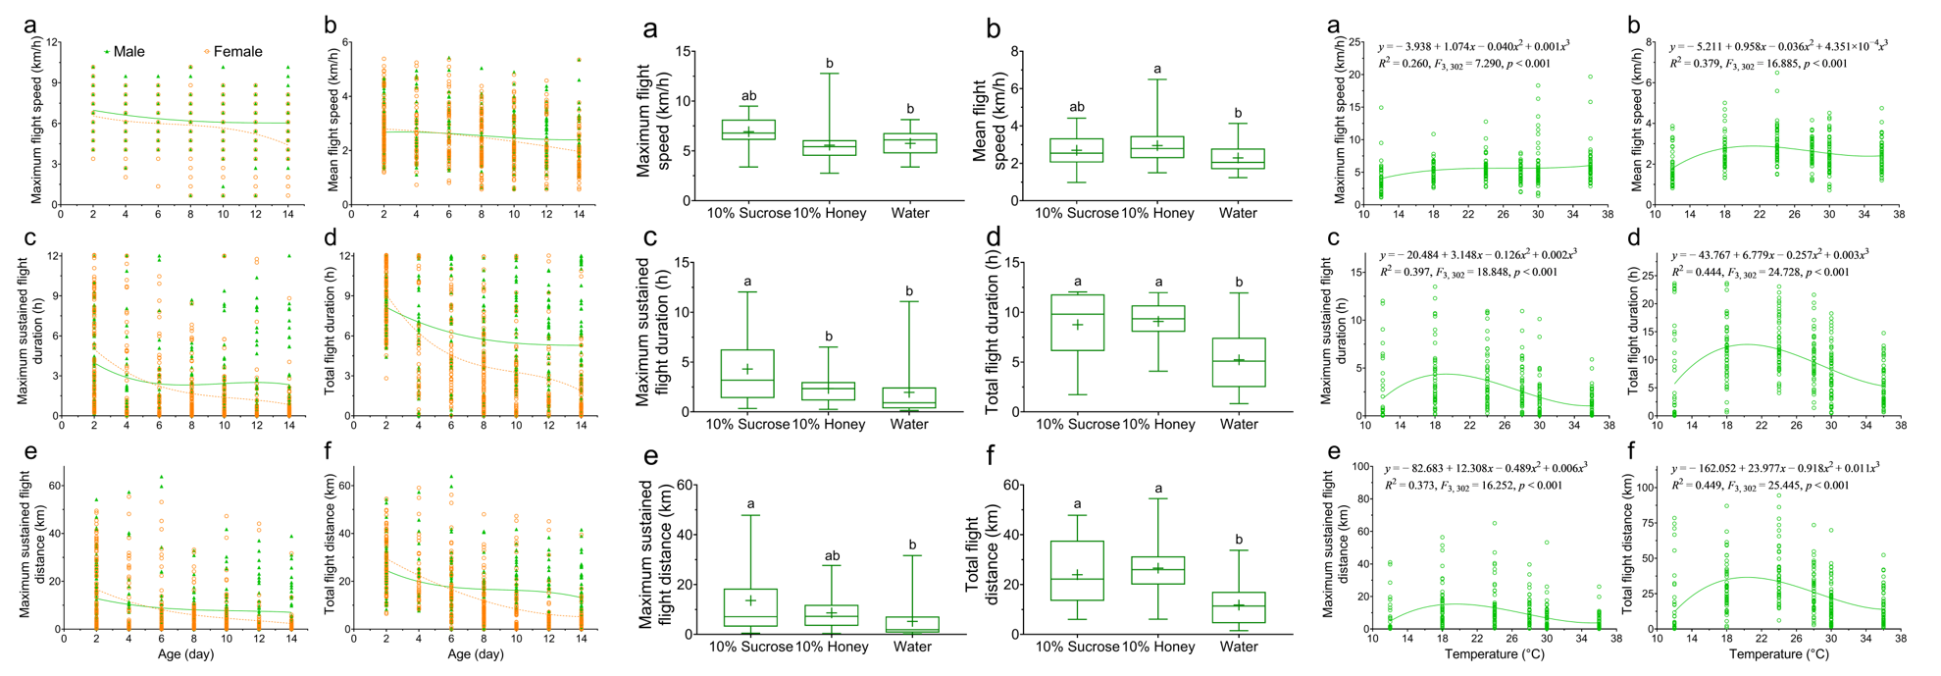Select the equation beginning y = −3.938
click(1473, 45)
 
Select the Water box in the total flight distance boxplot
click(1239, 606)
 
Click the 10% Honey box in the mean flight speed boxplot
click(1156, 147)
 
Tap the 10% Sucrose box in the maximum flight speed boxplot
click(748, 130)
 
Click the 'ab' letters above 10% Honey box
click(831, 555)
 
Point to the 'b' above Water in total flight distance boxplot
click(1239, 539)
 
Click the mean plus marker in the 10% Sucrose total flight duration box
click(1077, 325)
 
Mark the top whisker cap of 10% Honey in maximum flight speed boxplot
click(830, 74)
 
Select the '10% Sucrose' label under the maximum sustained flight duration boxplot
click(747, 425)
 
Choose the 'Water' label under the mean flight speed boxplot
click(1238, 213)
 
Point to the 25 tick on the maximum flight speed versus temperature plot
click(1354, 42)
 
